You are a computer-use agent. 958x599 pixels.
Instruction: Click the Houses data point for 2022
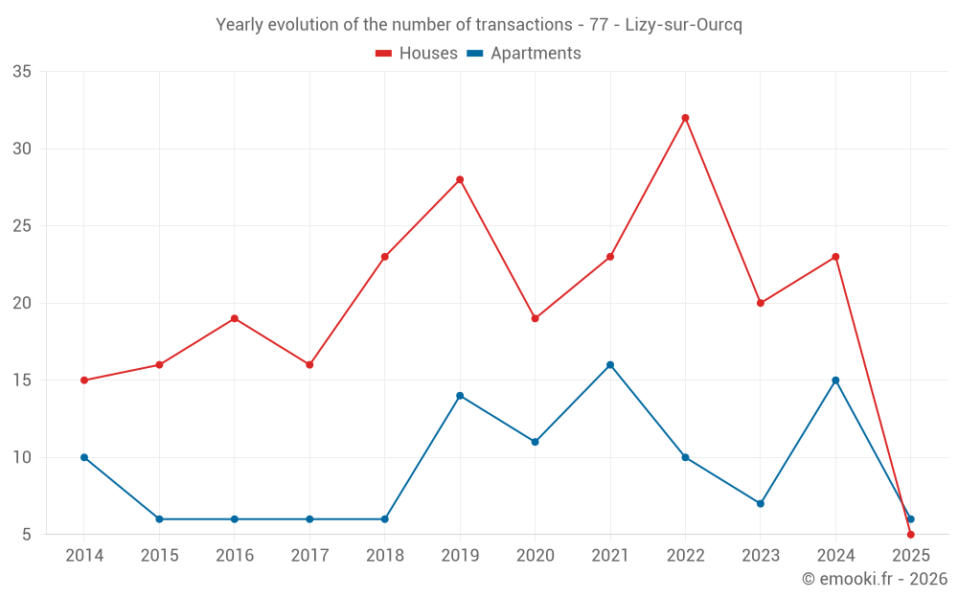685,118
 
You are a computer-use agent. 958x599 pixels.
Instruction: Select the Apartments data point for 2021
610,364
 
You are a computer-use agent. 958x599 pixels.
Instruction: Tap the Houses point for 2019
460,179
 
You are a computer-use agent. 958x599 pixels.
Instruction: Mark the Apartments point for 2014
84,457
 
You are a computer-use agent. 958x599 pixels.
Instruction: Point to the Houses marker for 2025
910,534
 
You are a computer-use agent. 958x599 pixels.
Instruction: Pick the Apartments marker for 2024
835,380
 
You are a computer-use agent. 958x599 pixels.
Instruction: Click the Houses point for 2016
235,318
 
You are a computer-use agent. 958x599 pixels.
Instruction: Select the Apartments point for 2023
761,503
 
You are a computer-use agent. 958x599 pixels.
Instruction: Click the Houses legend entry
427,54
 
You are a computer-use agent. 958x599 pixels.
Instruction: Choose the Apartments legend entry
535,54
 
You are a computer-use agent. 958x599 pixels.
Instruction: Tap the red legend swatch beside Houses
384,54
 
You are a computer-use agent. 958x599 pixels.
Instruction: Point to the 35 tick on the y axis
23,72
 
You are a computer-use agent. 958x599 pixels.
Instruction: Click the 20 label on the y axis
23,303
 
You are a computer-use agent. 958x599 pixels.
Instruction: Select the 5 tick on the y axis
28,534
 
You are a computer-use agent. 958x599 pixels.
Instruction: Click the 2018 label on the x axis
384,556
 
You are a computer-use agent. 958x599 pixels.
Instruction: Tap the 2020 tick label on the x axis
535,556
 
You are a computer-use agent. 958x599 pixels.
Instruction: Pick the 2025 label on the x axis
910,556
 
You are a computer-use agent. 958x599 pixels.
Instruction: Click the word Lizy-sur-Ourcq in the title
683,25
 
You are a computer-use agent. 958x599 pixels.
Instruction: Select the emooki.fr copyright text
875,579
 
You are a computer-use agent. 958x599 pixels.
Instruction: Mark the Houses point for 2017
309,364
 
